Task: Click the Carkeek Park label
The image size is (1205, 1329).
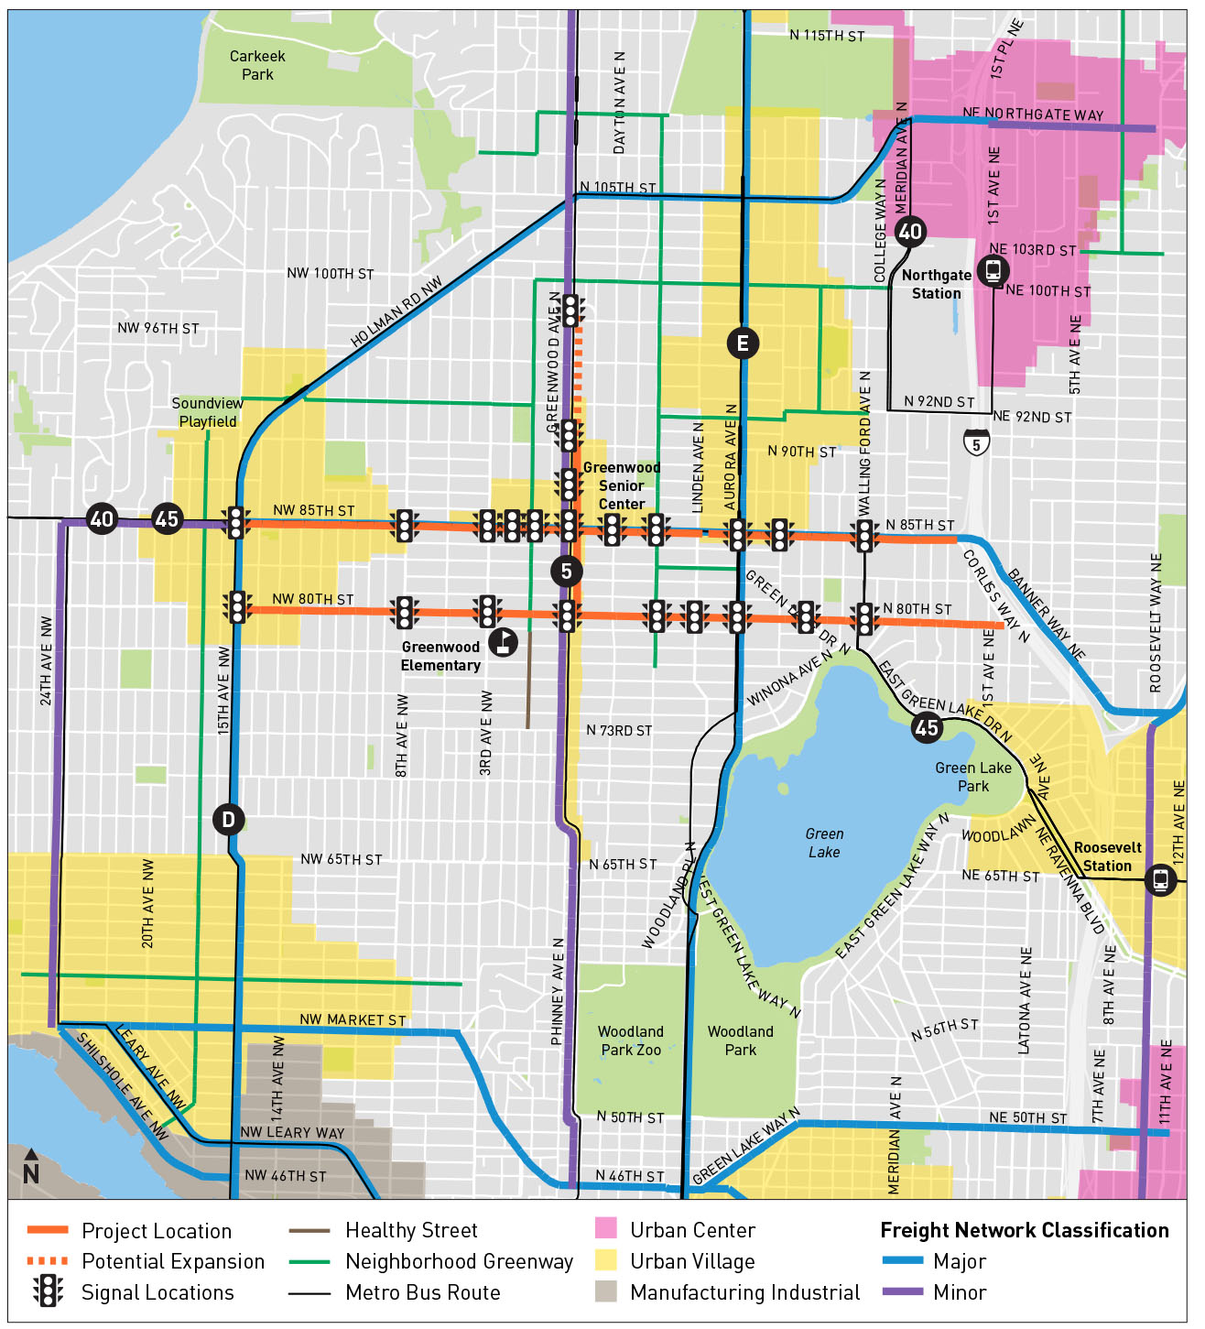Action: click(256, 65)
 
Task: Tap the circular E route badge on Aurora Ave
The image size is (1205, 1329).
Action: click(743, 343)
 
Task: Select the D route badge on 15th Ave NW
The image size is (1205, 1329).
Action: click(228, 819)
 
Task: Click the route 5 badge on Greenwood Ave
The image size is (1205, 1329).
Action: click(567, 572)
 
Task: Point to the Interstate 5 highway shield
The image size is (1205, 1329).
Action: click(976, 443)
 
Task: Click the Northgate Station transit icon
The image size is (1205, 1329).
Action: click(993, 270)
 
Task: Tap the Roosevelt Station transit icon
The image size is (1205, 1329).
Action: click(1160, 880)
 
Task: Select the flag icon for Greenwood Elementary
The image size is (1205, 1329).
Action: click(503, 642)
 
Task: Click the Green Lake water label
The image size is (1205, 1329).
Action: click(824, 843)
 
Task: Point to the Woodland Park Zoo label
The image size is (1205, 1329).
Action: click(630, 1040)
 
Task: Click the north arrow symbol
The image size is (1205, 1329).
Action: click(31, 1168)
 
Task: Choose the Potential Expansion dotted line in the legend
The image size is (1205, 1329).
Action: click(48, 1261)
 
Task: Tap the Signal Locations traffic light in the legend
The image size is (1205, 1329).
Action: click(48, 1291)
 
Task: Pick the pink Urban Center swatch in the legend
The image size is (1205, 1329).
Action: click(605, 1229)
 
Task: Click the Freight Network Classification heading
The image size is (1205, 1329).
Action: click(1024, 1230)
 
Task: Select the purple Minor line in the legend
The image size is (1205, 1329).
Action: click(902, 1291)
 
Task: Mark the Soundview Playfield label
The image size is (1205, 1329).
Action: click(208, 412)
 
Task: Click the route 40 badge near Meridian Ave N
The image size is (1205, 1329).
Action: click(909, 232)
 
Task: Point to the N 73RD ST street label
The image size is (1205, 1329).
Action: click(619, 730)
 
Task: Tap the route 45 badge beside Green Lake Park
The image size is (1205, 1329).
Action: click(927, 727)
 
